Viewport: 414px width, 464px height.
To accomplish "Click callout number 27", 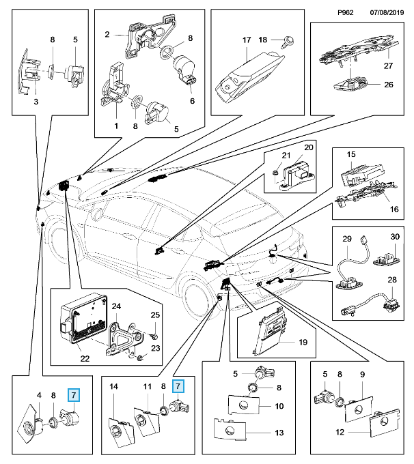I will click(387, 66).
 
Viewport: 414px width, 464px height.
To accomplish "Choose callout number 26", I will click(387, 85).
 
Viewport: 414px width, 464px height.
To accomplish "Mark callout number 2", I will click(107, 34).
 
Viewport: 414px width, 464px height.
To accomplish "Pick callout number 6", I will click(191, 101).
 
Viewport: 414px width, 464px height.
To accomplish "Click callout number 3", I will click(36, 102).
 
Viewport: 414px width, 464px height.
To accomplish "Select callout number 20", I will click(308, 147).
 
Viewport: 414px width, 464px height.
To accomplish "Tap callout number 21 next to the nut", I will click(286, 156).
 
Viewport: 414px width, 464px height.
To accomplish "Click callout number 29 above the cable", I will click(346, 240).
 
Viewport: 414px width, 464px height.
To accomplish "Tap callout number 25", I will click(154, 315).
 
